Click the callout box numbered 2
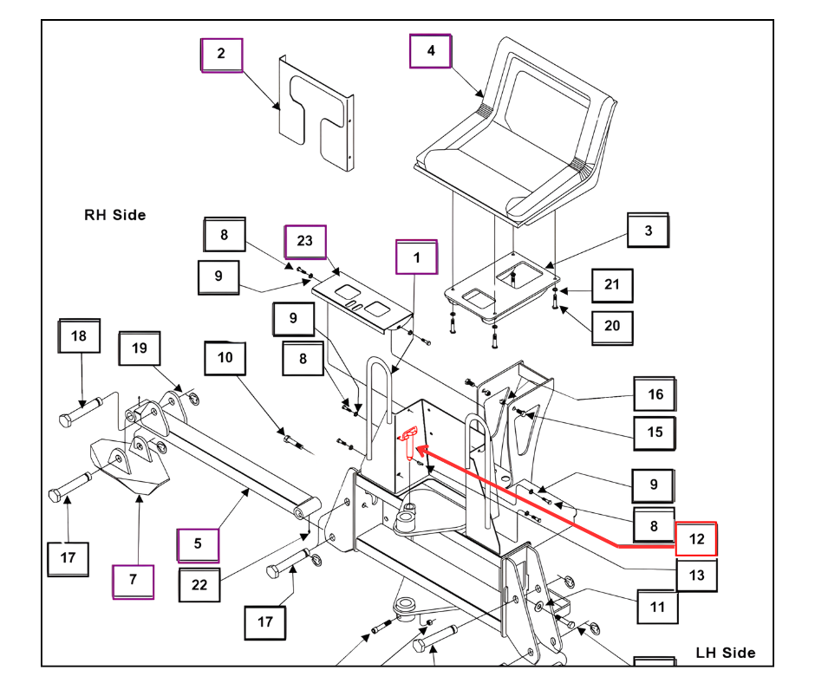(x=222, y=55)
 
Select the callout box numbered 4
(x=431, y=51)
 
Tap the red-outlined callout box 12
(x=696, y=539)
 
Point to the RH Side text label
(x=114, y=215)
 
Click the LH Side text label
(x=726, y=653)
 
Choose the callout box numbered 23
(x=305, y=242)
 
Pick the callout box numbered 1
(x=417, y=258)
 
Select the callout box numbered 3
(x=649, y=232)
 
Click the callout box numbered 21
(x=612, y=285)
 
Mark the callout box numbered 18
(x=79, y=337)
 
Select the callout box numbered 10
(x=225, y=358)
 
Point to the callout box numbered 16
(x=655, y=395)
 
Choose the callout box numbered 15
(x=655, y=432)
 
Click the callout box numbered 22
(x=200, y=585)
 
